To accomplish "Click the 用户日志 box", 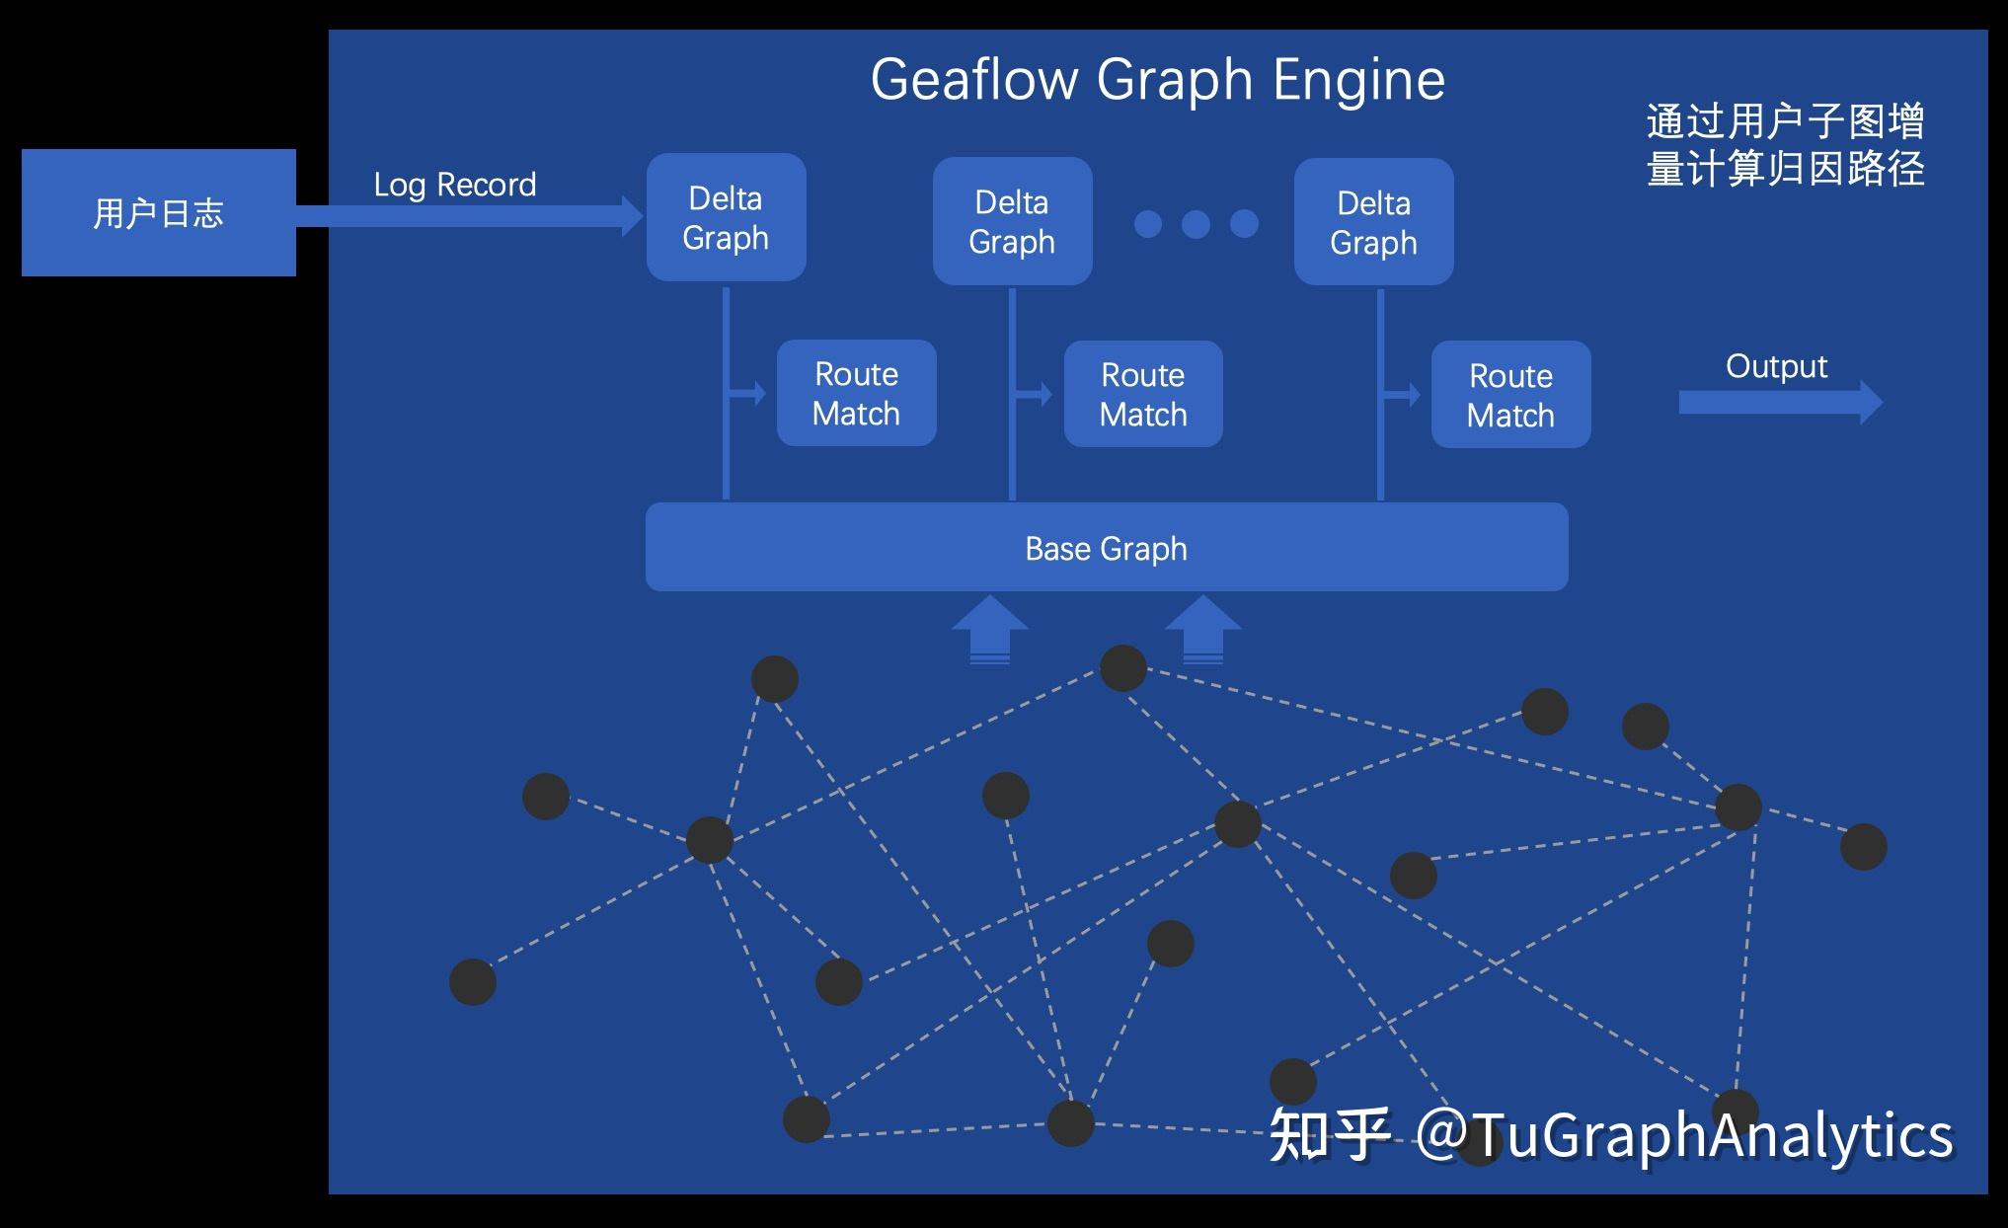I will tap(158, 212).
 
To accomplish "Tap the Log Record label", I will tap(454, 185).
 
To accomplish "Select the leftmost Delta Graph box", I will tap(726, 217).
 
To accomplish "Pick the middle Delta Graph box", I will tap(1012, 221).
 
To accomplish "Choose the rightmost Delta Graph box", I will tap(1373, 222).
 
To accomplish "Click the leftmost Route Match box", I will tap(856, 393).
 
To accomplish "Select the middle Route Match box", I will tap(1143, 394).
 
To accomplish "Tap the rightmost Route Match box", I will tap(1510, 395).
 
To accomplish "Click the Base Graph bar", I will tap(1106, 548).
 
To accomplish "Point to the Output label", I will tap(1776, 366).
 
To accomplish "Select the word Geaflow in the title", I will tap(973, 79).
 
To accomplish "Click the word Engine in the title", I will tap(1358, 79).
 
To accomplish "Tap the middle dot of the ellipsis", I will tap(1196, 224).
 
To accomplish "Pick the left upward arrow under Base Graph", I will tap(989, 628).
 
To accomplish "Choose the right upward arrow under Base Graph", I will tap(1203, 628).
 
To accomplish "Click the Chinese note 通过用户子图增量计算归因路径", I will tap(1785, 146).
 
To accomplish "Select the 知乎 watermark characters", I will tap(1329, 1134).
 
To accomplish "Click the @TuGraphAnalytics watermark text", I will tap(1683, 1134).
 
